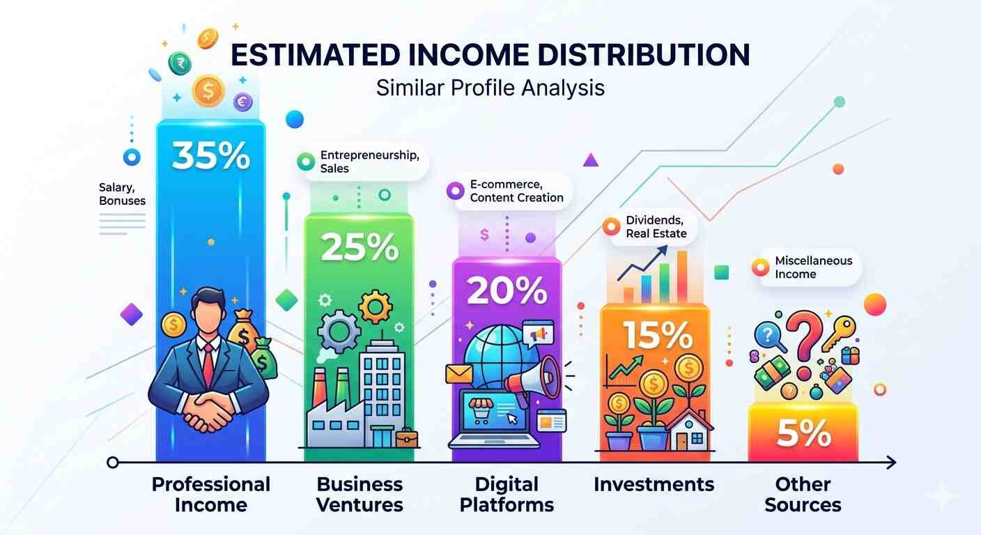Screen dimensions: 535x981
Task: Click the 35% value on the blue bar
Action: (210, 156)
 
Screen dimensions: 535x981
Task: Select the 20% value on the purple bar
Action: (506, 290)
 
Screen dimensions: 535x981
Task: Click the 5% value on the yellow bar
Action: (803, 434)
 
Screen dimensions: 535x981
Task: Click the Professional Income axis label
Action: (210, 494)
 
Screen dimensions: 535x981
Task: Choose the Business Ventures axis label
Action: (360, 494)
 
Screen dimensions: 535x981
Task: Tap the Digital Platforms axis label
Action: (507, 494)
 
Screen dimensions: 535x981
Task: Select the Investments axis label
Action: (654, 484)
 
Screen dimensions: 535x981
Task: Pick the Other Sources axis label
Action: (803, 494)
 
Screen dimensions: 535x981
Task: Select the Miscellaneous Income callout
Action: (805, 267)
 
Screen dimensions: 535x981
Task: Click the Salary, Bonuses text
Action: (123, 194)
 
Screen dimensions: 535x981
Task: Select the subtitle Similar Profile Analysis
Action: (490, 88)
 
